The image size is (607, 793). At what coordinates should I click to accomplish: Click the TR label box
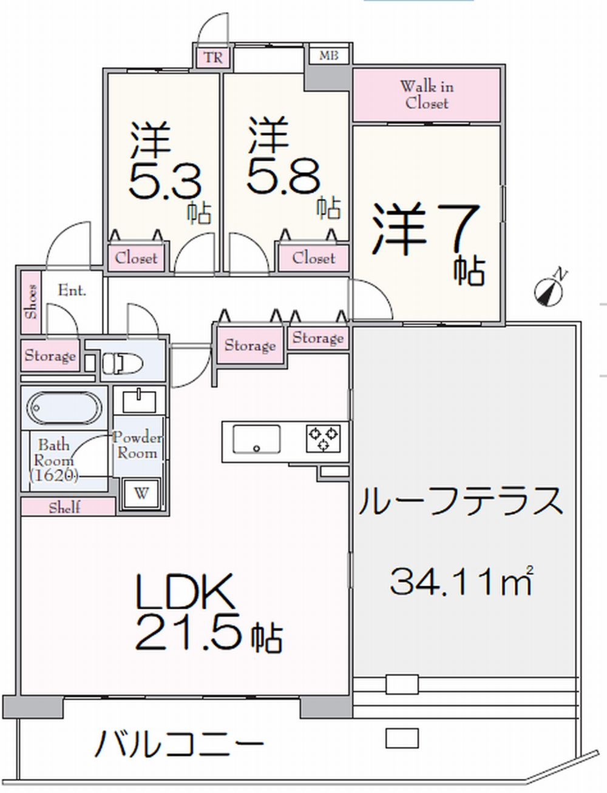pyautogui.click(x=213, y=58)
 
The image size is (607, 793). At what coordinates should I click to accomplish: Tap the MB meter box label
pyautogui.click(x=329, y=56)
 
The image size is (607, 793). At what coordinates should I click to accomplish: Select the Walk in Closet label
pyautogui.click(x=427, y=95)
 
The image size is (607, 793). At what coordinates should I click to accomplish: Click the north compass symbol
pyautogui.click(x=549, y=289)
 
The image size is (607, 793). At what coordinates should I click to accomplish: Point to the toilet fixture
pyautogui.click(x=122, y=363)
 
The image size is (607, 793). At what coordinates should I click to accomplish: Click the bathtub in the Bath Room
pyautogui.click(x=63, y=408)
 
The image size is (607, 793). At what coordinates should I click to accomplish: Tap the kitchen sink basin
pyautogui.click(x=256, y=440)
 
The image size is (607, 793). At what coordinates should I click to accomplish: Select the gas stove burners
pyautogui.click(x=323, y=439)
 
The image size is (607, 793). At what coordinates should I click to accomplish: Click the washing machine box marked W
pyautogui.click(x=141, y=493)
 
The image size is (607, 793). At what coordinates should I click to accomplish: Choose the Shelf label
pyautogui.click(x=65, y=507)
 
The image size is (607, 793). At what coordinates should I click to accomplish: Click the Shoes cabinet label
pyautogui.click(x=31, y=301)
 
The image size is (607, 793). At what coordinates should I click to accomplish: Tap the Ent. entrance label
pyautogui.click(x=72, y=290)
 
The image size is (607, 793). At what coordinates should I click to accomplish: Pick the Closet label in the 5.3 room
pyautogui.click(x=137, y=258)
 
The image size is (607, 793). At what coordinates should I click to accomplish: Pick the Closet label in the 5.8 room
pyautogui.click(x=314, y=258)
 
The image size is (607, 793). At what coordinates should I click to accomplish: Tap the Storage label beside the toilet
pyautogui.click(x=50, y=355)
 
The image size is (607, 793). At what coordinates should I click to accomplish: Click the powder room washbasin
pyautogui.click(x=139, y=401)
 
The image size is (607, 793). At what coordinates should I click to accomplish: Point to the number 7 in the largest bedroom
pyautogui.click(x=459, y=229)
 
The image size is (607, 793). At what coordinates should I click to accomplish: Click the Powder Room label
pyautogui.click(x=137, y=445)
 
